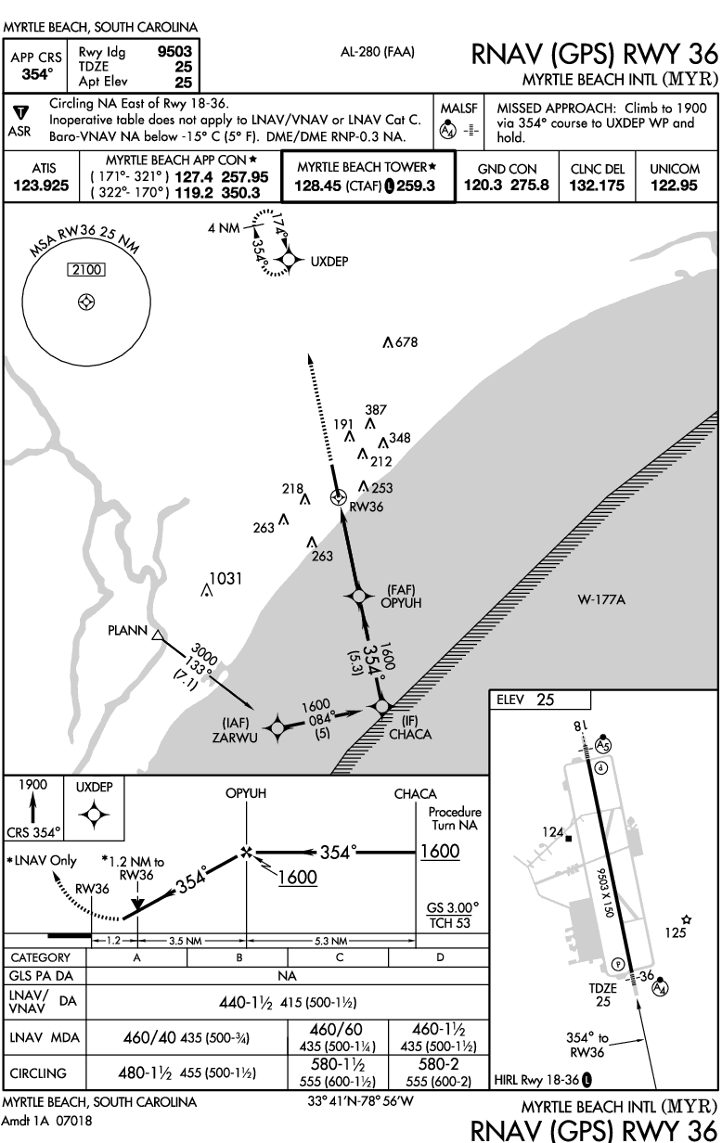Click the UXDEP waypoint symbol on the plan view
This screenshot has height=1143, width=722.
(289, 261)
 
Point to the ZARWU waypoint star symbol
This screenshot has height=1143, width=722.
(276, 728)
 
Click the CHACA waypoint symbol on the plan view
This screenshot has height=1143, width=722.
(381, 708)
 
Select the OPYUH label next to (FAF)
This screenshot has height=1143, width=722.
(401, 602)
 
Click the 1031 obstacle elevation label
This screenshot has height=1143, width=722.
(226, 579)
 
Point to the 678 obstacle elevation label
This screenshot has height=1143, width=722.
(405, 342)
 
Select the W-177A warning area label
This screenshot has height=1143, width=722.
(601, 600)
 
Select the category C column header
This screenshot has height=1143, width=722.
(339, 957)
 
